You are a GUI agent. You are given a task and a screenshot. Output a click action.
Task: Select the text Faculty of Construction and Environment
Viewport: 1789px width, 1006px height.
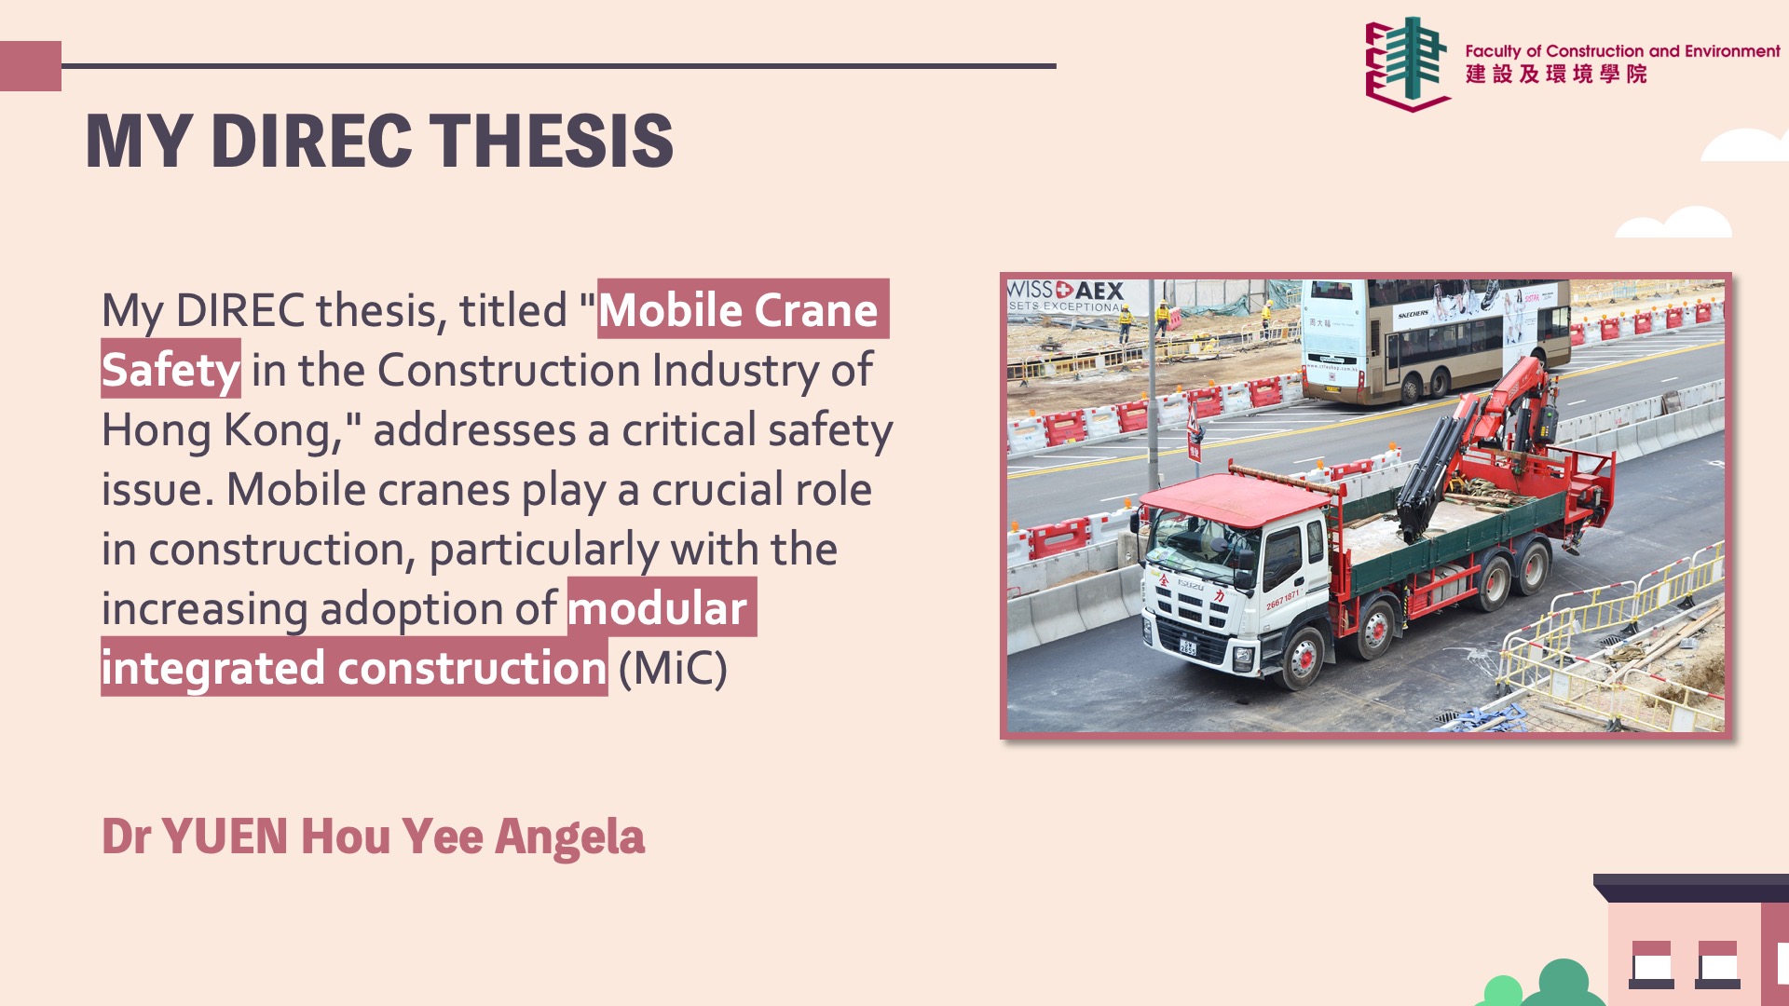[x=1622, y=51]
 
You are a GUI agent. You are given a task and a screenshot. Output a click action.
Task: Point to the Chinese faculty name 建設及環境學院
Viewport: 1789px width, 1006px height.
[x=1556, y=75]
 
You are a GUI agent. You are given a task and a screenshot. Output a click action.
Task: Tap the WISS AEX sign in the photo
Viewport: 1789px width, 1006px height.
[x=1066, y=296]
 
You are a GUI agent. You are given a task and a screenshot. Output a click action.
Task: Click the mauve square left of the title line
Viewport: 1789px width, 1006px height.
[x=31, y=66]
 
